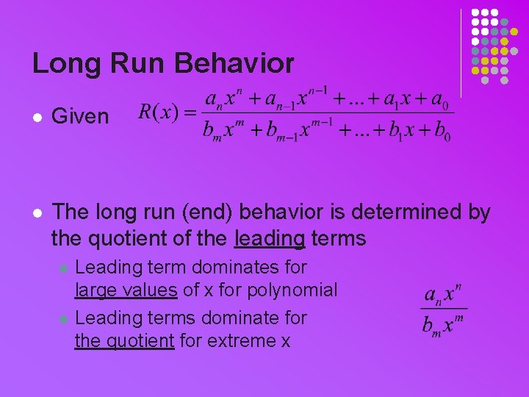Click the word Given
[81, 116]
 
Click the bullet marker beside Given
[36, 117]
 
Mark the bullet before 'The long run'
[36, 213]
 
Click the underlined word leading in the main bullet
[269, 238]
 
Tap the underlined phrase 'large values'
[126, 290]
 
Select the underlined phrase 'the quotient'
[124, 341]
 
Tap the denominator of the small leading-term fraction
[443, 324]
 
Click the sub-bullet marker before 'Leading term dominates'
[63, 268]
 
